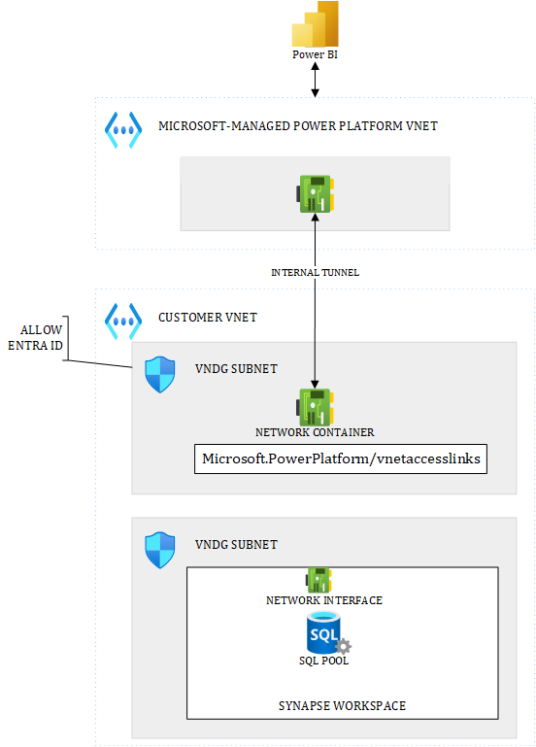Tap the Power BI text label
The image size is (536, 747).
pyautogui.click(x=315, y=54)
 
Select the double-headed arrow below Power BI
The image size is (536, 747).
pyautogui.click(x=315, y=80)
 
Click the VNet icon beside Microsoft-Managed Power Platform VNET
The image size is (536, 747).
pyautogui.click(x=123, y=128)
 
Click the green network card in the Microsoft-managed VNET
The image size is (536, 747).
pyautogui.click(x=316, y=193)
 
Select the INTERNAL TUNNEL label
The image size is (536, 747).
pyautogui.click(x=315, y=273)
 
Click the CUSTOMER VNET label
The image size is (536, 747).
pyautogui.click(x=207, y=318)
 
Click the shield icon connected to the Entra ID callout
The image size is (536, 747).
pyautogui.click(x=160, y=375)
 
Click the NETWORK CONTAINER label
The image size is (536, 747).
pyautogui.click(x=316, y=432)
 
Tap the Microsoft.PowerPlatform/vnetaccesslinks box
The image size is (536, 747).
pyautogui.click(x=341, y=458)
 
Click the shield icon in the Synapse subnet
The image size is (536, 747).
pyautogui.click(x=160, y=550)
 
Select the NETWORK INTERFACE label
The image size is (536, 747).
pyautogui.click(x=324, y=600)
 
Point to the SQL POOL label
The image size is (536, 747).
pyautogui.click(x=324, y=661)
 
